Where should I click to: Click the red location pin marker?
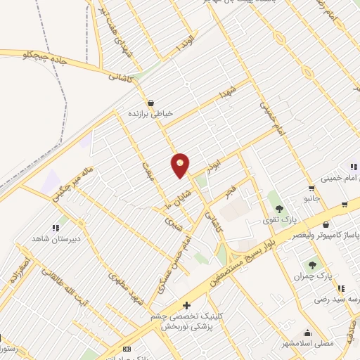(181, 165)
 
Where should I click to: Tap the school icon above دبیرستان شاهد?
(54, 228)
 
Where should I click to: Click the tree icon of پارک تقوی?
(280, 208)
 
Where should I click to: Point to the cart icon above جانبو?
(311, 188)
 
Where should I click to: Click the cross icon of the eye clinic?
(186, 306)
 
